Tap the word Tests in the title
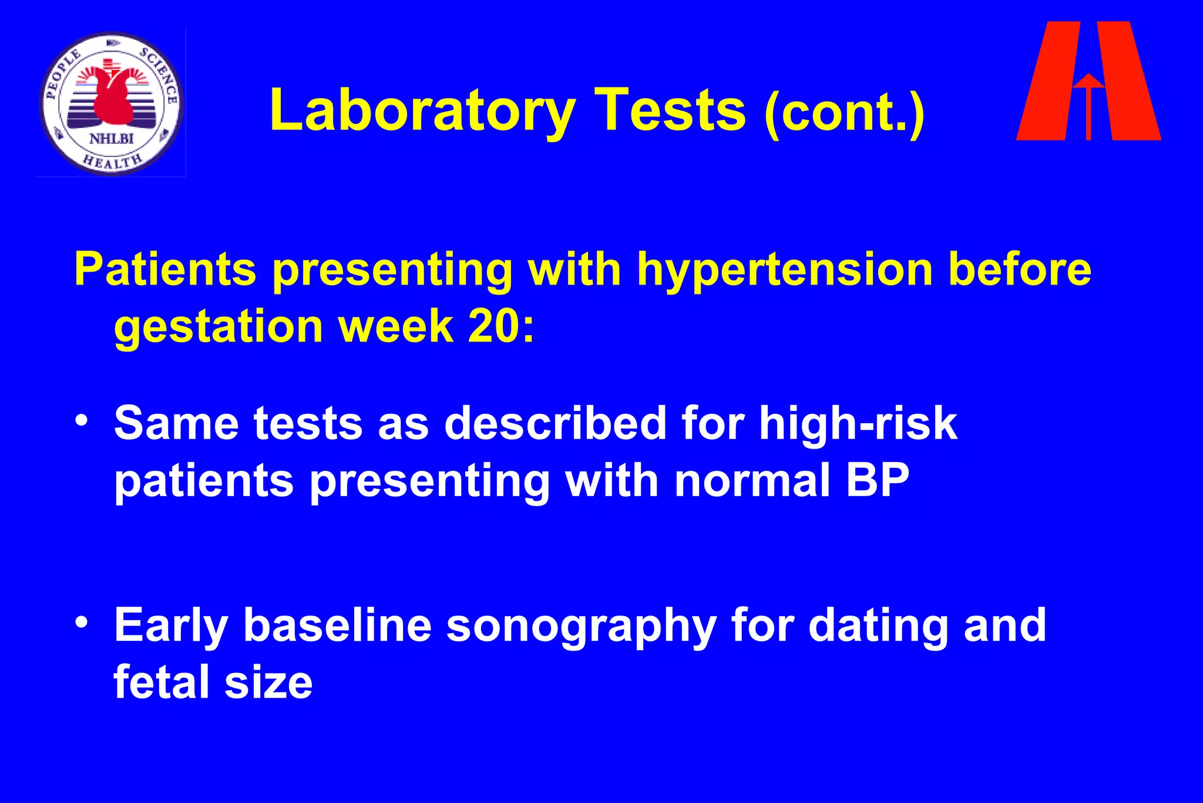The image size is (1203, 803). pos(670,111)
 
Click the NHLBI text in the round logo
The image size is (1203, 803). pos(112,139)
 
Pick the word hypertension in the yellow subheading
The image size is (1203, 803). pos(785,270)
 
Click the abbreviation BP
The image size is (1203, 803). pos(878,480)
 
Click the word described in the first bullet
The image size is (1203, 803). pos(555,423)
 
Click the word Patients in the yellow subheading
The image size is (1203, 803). pos(165,270)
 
